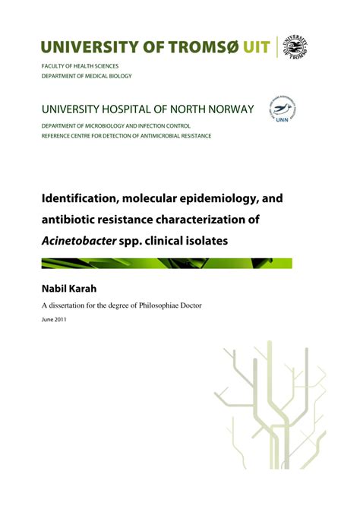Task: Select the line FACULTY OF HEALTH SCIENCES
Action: click(81, 68)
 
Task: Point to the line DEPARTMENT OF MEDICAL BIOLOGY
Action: click(87, 77)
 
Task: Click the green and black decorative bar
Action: click(166, 263)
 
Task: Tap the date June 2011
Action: click(55, 319)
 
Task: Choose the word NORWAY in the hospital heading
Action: click(227, 109)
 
